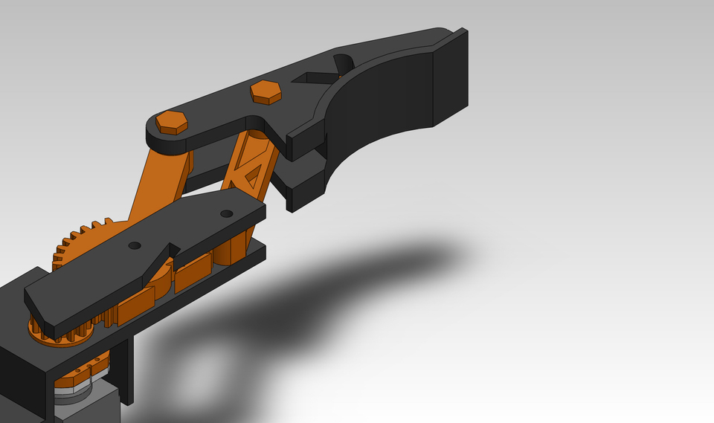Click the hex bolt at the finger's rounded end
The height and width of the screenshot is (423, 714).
tap(172, 122)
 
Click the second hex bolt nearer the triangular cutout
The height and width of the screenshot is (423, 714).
tap(266, 91)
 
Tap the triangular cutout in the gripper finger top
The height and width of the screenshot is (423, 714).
tap(313, 77)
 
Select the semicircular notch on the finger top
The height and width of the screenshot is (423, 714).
tap(343, 63)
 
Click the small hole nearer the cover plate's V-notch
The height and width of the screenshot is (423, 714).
tap(134, 245)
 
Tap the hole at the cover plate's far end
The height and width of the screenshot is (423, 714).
tap(226, 214)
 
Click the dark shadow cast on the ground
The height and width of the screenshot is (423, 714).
tap(357, 282)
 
